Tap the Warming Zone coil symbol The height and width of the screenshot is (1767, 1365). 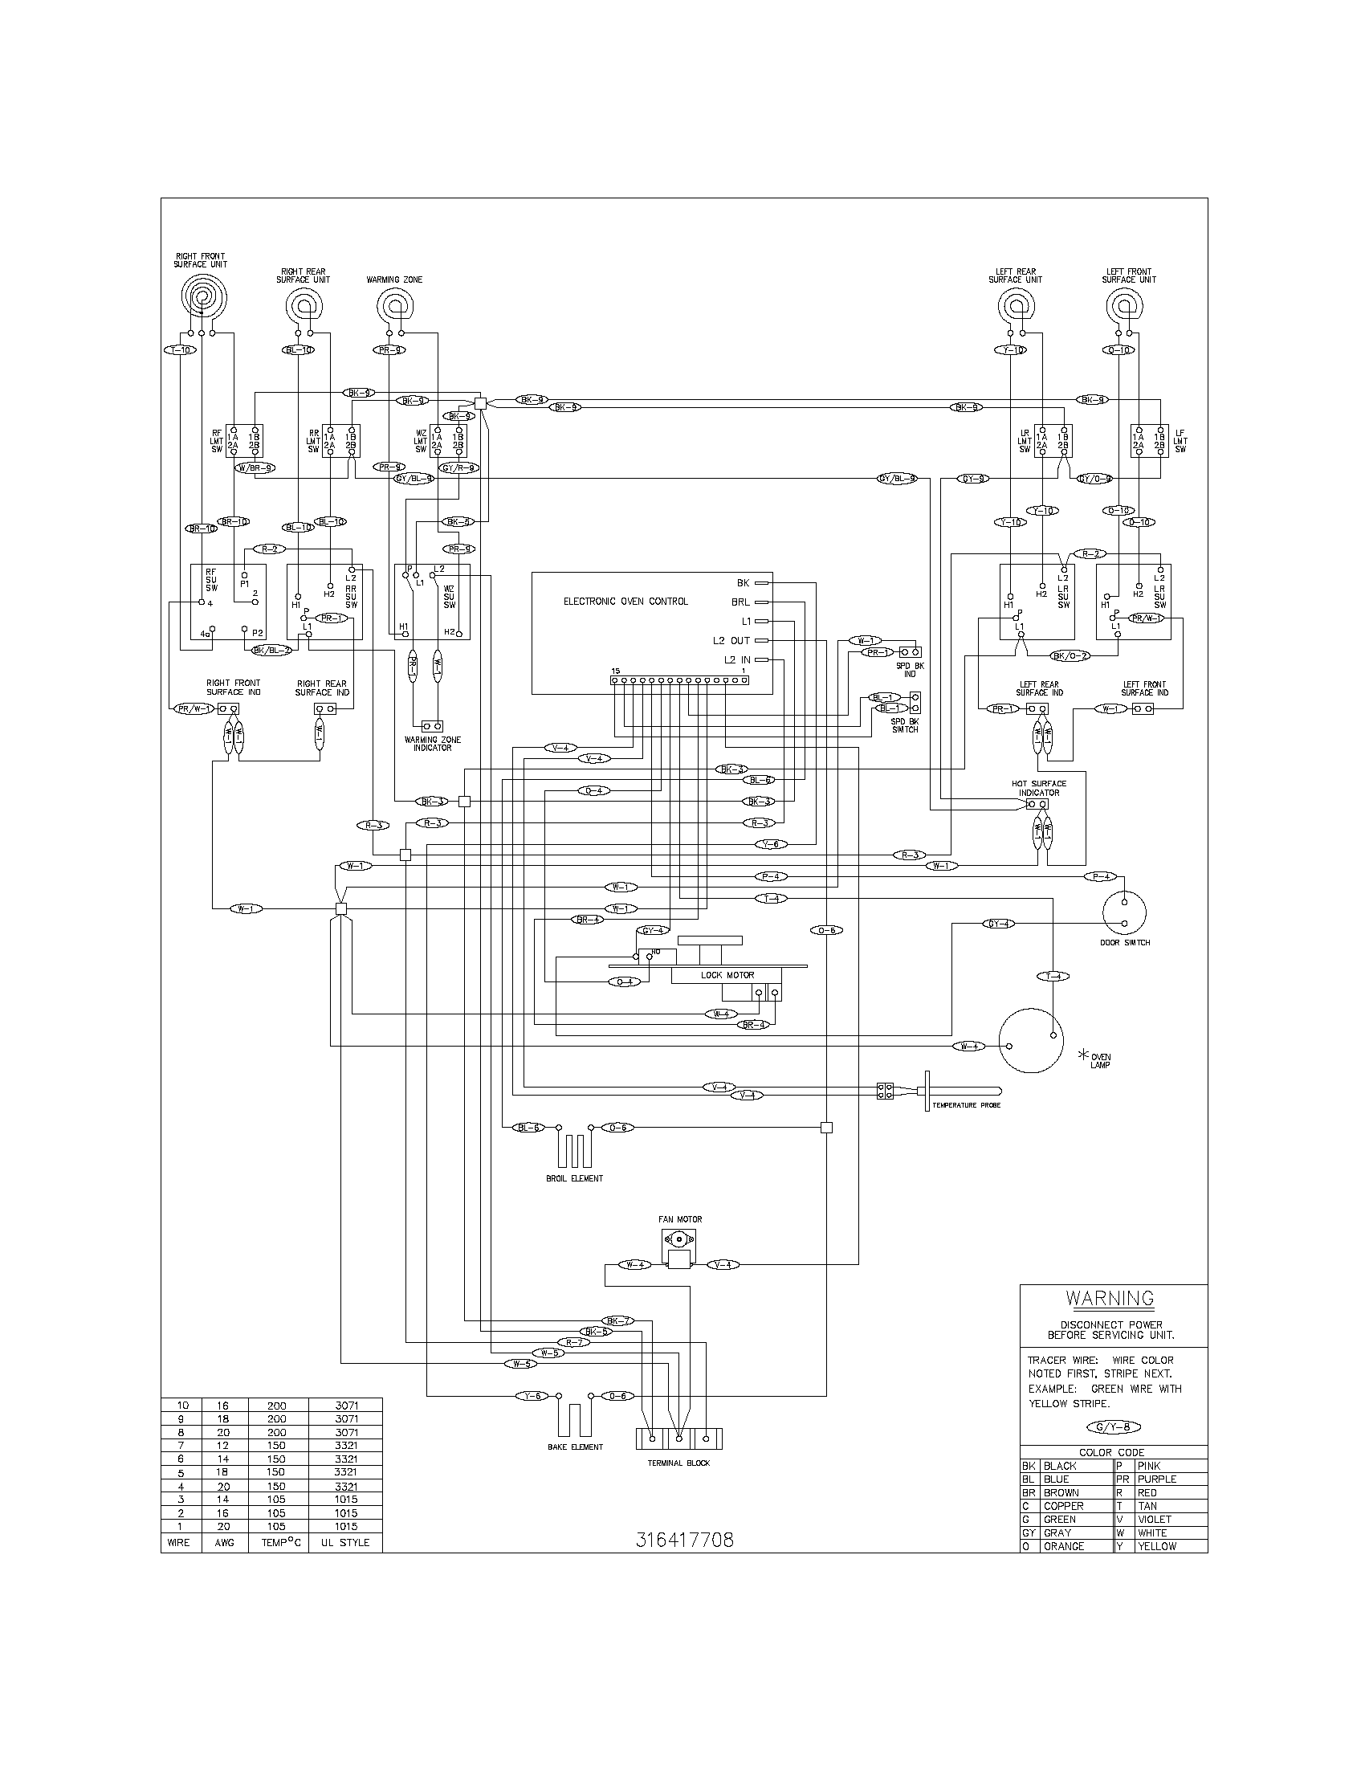[393, 307]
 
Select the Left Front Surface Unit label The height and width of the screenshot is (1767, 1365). [1128, 275]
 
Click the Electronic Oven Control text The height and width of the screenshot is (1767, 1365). [625, 601]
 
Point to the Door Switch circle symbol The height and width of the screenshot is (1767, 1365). [1125, 912]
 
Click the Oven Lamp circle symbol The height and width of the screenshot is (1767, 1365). [1030, 1040]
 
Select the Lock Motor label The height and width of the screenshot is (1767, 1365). [727, 975]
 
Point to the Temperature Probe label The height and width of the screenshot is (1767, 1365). [965, 1105]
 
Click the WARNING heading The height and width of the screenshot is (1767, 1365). [1110, 1299]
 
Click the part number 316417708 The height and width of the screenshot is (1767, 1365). [684, 1541]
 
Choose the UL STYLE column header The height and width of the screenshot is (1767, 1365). [345, 1543]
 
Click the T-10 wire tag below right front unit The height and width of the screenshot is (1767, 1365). [178, 350]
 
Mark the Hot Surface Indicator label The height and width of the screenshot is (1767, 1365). [1038, 788]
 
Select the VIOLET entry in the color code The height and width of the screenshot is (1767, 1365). [1155, 1520]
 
